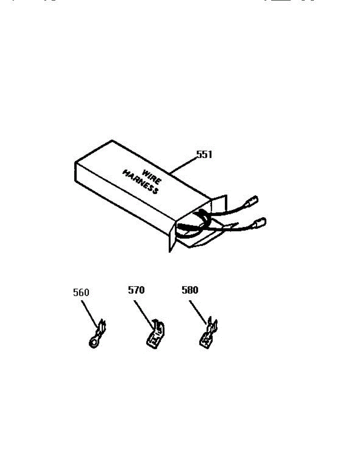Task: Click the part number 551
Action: (204, 154)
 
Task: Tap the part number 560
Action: (81, 292)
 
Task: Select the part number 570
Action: (137, 290)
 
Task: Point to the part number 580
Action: (190, 290)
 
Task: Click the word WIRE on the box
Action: (149, 175)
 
